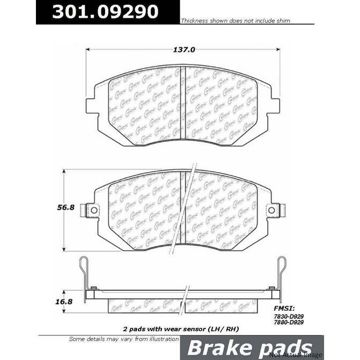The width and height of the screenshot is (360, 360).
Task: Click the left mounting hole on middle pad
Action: pos(92,210)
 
